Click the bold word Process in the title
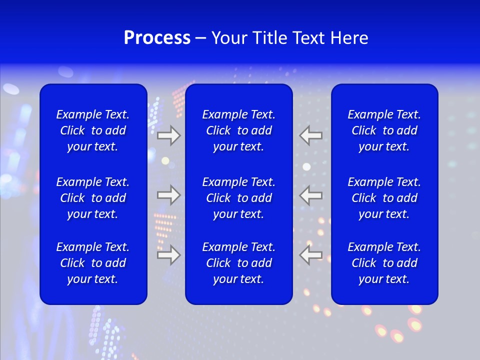(157, 38)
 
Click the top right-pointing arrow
(168, 135)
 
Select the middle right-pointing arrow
(168, 195)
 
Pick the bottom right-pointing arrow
(168, 255)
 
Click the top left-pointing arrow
(311, 135)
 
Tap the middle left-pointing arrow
(311, 195)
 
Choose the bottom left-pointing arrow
(311, 255)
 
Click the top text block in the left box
(93, 130)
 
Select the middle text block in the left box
(93, 198)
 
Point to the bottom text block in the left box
(93, 263)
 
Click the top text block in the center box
(238, 130)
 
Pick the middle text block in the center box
(238, 198)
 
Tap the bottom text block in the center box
(238, 263)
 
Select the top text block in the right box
(384, 130)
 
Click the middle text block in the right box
(384, 198)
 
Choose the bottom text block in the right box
(384, 263)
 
